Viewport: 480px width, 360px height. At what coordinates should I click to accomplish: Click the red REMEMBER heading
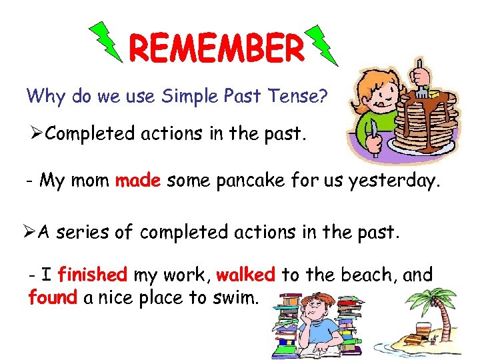pos(215,47)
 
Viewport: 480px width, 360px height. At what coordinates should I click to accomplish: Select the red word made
pos(138,180)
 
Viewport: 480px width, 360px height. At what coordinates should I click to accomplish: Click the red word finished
pos(92,274)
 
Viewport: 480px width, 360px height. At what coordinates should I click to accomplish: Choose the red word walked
pos(245,274)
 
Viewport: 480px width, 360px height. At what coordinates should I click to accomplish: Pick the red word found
pos(53,297)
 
